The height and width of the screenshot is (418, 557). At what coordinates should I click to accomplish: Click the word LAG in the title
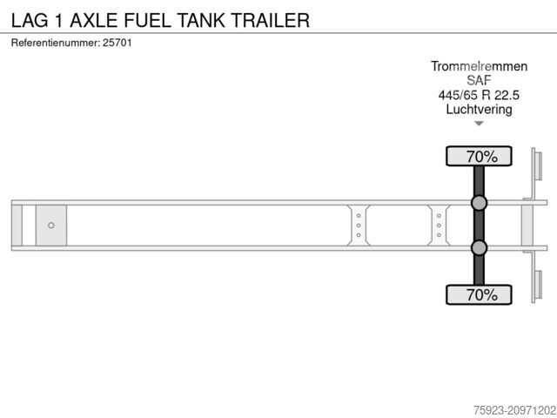[x=30, y=19]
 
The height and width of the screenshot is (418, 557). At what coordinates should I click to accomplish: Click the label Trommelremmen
[x=479, y=66]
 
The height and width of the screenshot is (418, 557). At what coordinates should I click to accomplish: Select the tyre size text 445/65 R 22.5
[x=479, y=95]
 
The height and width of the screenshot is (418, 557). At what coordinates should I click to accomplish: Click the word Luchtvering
[x=479, y=109]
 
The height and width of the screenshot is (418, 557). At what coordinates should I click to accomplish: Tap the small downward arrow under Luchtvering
[x=479, y=125]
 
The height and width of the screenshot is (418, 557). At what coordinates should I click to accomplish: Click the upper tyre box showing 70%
[x=479, y=157]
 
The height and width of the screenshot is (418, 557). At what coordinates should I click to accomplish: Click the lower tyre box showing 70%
[x=479, y=294]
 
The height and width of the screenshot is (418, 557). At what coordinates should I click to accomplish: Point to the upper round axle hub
[x=479, y=204]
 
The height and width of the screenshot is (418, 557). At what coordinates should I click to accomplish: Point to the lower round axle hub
[x=479, y=248]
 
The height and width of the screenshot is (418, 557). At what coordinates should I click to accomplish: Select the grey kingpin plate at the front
[x=51, y=226]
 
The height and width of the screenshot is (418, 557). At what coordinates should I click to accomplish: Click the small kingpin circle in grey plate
[x=51, y=226]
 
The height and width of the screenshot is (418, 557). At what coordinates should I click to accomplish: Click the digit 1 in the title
[x=67, y=19]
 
